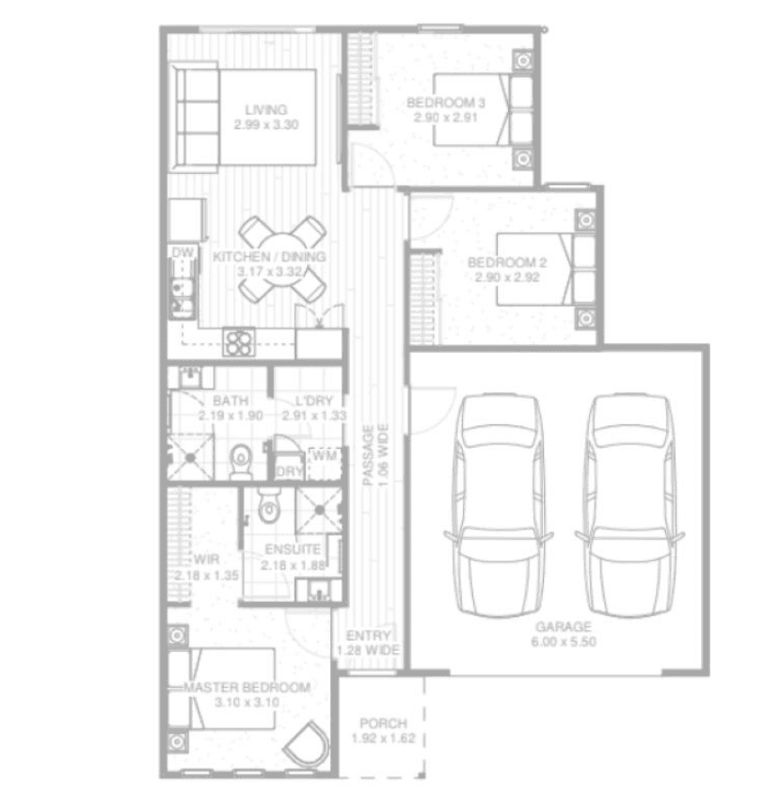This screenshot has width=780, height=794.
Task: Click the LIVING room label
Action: click(x=266, y=109)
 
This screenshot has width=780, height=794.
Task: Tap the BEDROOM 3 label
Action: click(x=446, y=103)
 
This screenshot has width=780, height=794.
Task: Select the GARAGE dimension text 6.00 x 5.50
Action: click(x=564, y=642)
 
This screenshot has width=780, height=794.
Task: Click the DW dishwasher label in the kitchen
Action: click(x=183, y=252)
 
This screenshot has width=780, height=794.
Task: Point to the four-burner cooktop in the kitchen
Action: click(x=239, y=341)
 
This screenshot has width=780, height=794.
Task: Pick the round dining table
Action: click(x=282, y=260)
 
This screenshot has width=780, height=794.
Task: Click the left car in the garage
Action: click(x=499, y=505)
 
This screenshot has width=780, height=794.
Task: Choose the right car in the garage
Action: click(x=629, y=505)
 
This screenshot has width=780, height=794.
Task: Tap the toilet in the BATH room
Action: click(x=241, y=461)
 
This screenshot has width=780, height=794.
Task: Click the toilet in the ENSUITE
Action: click(x=268, y=505)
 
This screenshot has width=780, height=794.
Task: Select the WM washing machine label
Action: click(x=325, y=455)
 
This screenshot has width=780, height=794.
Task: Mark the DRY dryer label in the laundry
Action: click(x=289, y=471)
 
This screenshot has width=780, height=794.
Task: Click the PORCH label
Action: click(x=384, y=723)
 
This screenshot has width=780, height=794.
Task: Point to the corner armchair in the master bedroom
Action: click(x=307, y=744)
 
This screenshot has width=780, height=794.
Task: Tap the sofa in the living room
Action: click(x=194, y=118)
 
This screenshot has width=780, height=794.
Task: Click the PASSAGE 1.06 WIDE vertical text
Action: click(x=375, y=454)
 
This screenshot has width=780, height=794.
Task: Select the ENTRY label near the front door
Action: click(x=368, y=636)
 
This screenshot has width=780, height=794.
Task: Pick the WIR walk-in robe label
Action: click(x=207, y=560)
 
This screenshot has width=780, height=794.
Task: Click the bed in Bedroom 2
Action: click(x=546, y=269)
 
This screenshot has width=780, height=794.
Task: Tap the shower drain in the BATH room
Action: click(x=190, y=458)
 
